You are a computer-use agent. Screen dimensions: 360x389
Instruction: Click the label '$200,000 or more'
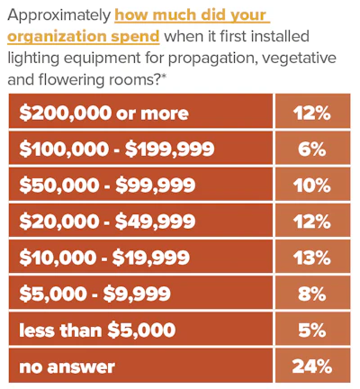tap(103, 113)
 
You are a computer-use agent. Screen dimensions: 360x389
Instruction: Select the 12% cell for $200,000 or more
tap(312, 111)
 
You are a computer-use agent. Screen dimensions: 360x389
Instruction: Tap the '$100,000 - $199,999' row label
tap(117, 149)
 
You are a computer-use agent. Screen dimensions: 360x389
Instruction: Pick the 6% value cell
tap(312, 148)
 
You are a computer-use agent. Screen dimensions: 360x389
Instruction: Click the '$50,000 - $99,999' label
tap(107, 185)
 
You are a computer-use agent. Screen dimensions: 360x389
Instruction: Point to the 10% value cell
tap(312, 184)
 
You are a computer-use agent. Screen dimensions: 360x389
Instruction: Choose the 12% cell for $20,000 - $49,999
tap(312, 220)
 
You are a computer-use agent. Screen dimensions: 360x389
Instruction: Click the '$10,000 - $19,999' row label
tap(104, 258)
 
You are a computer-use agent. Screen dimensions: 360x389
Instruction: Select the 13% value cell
tap(312, 256)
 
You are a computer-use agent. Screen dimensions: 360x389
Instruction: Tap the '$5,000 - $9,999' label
tap(94, 294)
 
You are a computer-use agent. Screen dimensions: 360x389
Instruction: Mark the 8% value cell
tap(312, 293)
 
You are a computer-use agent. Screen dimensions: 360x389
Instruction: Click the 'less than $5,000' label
tap(97, 330)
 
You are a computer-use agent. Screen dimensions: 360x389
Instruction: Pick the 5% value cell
tap(312, 329)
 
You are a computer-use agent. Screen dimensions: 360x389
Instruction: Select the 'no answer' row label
tap(67, 366)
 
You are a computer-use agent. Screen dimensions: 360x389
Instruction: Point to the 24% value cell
tap(312, 366)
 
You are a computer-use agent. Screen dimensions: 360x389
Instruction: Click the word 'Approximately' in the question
tap(59, 15)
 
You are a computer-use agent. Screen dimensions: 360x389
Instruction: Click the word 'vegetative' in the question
tap(299, 59)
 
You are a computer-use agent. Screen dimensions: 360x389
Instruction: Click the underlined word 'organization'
tap(57, 37)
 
